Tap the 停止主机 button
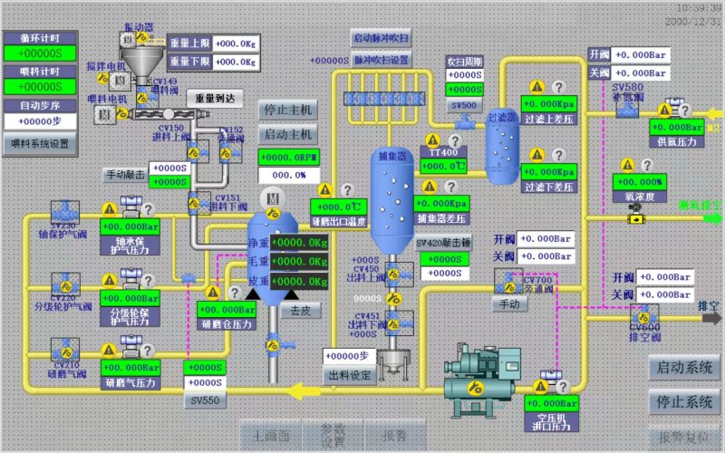pyautogui.click(x=287, y=110)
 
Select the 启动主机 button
pyautogui.click(x=287, y=134)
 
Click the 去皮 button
pyautogui.click(x=299, y=309)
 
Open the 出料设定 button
pyautogui.click(x=349, y=374)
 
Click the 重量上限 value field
pyautogui.click(x=224, y=43)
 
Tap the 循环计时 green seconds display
pyautogui.click(x=39, y=53)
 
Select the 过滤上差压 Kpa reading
pyautogui.click(x=549, y=106)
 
